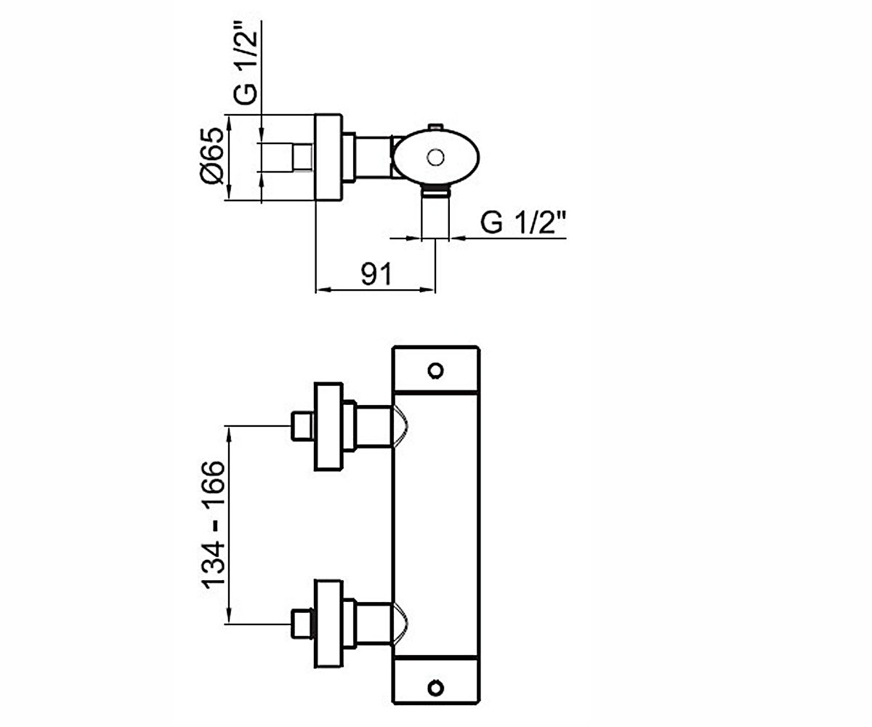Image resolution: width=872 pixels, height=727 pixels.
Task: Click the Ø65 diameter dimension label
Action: (x=213, y=156)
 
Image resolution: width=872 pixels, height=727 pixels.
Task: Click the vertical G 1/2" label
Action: (x=246, y=63)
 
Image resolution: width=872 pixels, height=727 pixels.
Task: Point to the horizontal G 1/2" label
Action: (x=523, y=222)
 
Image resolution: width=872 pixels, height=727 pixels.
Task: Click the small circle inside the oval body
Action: (x=435, y=158)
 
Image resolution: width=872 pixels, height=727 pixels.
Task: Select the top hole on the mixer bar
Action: (x=435, y=371)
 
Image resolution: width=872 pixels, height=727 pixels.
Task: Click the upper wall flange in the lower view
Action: (x=328, y=426)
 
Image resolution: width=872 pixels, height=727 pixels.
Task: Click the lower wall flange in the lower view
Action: (x=328, y=624)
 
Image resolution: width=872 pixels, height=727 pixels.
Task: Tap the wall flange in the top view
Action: (x=328, y=157)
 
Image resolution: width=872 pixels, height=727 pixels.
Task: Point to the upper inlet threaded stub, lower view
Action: (x=302, y=426)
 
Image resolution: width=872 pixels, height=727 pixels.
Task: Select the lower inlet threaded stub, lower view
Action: (x=302, y=624)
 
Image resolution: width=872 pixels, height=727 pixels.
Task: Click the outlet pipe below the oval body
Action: (x=435, y=214)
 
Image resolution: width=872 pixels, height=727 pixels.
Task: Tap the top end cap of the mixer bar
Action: (x=435, y=369)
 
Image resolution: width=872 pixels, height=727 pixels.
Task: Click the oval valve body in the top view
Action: (x=436, y=157)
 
